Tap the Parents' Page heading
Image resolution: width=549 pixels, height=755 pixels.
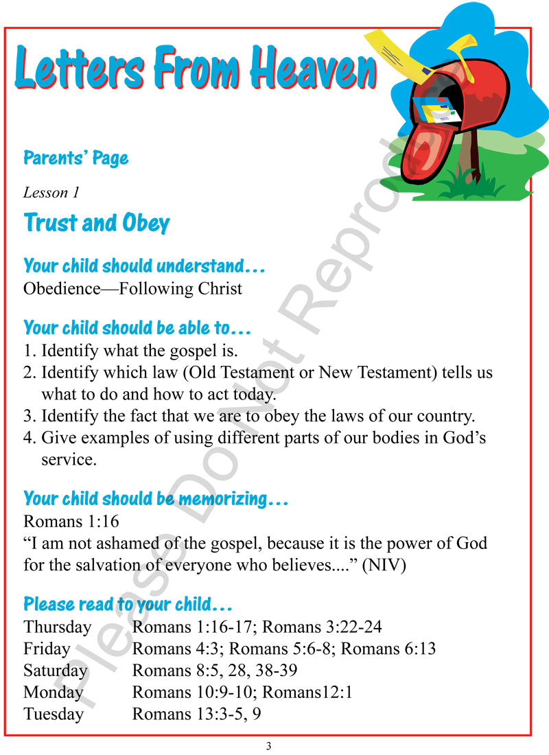tap(75, 159)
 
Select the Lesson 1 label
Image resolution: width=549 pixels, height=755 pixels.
tap(51, 193)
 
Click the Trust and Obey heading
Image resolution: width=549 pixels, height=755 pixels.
tap(97, 223)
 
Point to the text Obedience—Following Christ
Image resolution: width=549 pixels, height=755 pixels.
tap(132, 288)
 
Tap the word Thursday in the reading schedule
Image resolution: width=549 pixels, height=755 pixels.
tap(57, 627)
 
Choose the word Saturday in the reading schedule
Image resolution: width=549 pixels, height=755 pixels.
tap(56, 671)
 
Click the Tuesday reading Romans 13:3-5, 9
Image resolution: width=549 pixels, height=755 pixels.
tap(196, 715)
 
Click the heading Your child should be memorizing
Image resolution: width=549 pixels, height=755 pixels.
tap(155, 499)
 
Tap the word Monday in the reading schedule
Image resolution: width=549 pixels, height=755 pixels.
tap(53, 693)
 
